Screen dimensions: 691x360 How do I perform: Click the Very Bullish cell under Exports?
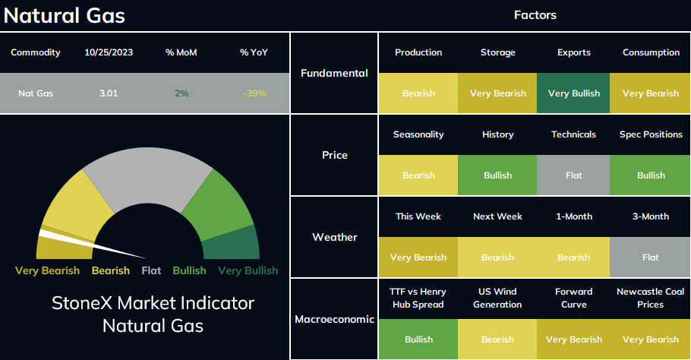pyautogui.click(x=573, y=93)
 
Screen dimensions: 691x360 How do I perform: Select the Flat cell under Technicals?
pyautogui.click(x=573, y=175)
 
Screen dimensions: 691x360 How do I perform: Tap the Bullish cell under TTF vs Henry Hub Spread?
pyautogui.click(x=418, y=339)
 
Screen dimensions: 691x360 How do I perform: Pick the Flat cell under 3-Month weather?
pyautogui.click(x=650, y=257)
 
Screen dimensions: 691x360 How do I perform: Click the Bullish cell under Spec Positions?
pyautogui.click(x=650, y=175)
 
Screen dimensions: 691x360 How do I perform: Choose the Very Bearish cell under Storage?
pyautogui.click(x=497, y=93)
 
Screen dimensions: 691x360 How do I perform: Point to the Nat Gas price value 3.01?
pyautogui.click(x=109, y=93)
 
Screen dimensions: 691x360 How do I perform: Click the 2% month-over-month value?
pyautogui.click(x=181, y=93)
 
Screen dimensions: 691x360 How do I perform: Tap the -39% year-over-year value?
pyautogui.click(x=254, y=93)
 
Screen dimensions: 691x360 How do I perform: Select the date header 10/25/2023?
pyautogui.click(x=109, y=52)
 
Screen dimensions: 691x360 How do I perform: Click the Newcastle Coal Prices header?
pyautogui.click(x=650, y=298)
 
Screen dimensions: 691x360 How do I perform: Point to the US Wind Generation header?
pyautogui.click(x=497, y=298)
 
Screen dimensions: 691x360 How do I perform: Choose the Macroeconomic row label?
pyautogui.click(x=334, y=319)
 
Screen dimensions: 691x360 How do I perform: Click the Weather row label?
pyautogui.click(x=334, y=237)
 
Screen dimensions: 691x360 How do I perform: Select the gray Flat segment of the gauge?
pyautogui.click(x=147, y=176)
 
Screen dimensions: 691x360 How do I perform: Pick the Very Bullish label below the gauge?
pyautogui.click(x=248, y=270)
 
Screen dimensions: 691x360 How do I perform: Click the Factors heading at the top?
pyautogui.click(x=535, y=15)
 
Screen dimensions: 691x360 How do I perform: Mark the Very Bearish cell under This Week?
pyautogui.click(x=418, y=257)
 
